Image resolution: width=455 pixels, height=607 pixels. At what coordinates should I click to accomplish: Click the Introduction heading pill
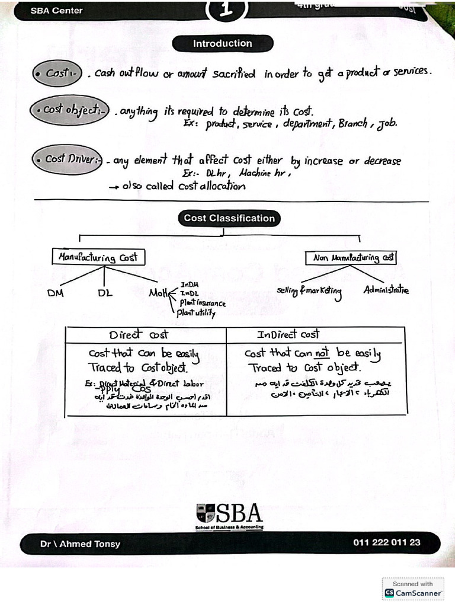point(222,43)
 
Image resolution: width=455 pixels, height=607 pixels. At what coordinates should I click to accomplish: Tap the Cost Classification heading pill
point(229,218)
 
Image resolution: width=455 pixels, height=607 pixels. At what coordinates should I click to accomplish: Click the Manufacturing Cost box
point(98,257)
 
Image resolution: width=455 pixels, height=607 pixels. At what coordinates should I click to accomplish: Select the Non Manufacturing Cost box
point(351,258)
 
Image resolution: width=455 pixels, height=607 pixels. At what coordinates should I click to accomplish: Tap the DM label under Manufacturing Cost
point(57,293)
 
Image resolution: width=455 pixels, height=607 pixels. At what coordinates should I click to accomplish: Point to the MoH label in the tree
point(158,292)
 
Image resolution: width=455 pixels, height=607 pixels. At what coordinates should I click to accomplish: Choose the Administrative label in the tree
point(386,290)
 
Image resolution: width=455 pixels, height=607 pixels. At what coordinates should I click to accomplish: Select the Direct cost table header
point(139,334)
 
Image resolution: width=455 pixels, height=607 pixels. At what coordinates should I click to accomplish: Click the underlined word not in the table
point(321,353)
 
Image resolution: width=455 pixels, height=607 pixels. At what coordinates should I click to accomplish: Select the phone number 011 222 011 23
point(386,542)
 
